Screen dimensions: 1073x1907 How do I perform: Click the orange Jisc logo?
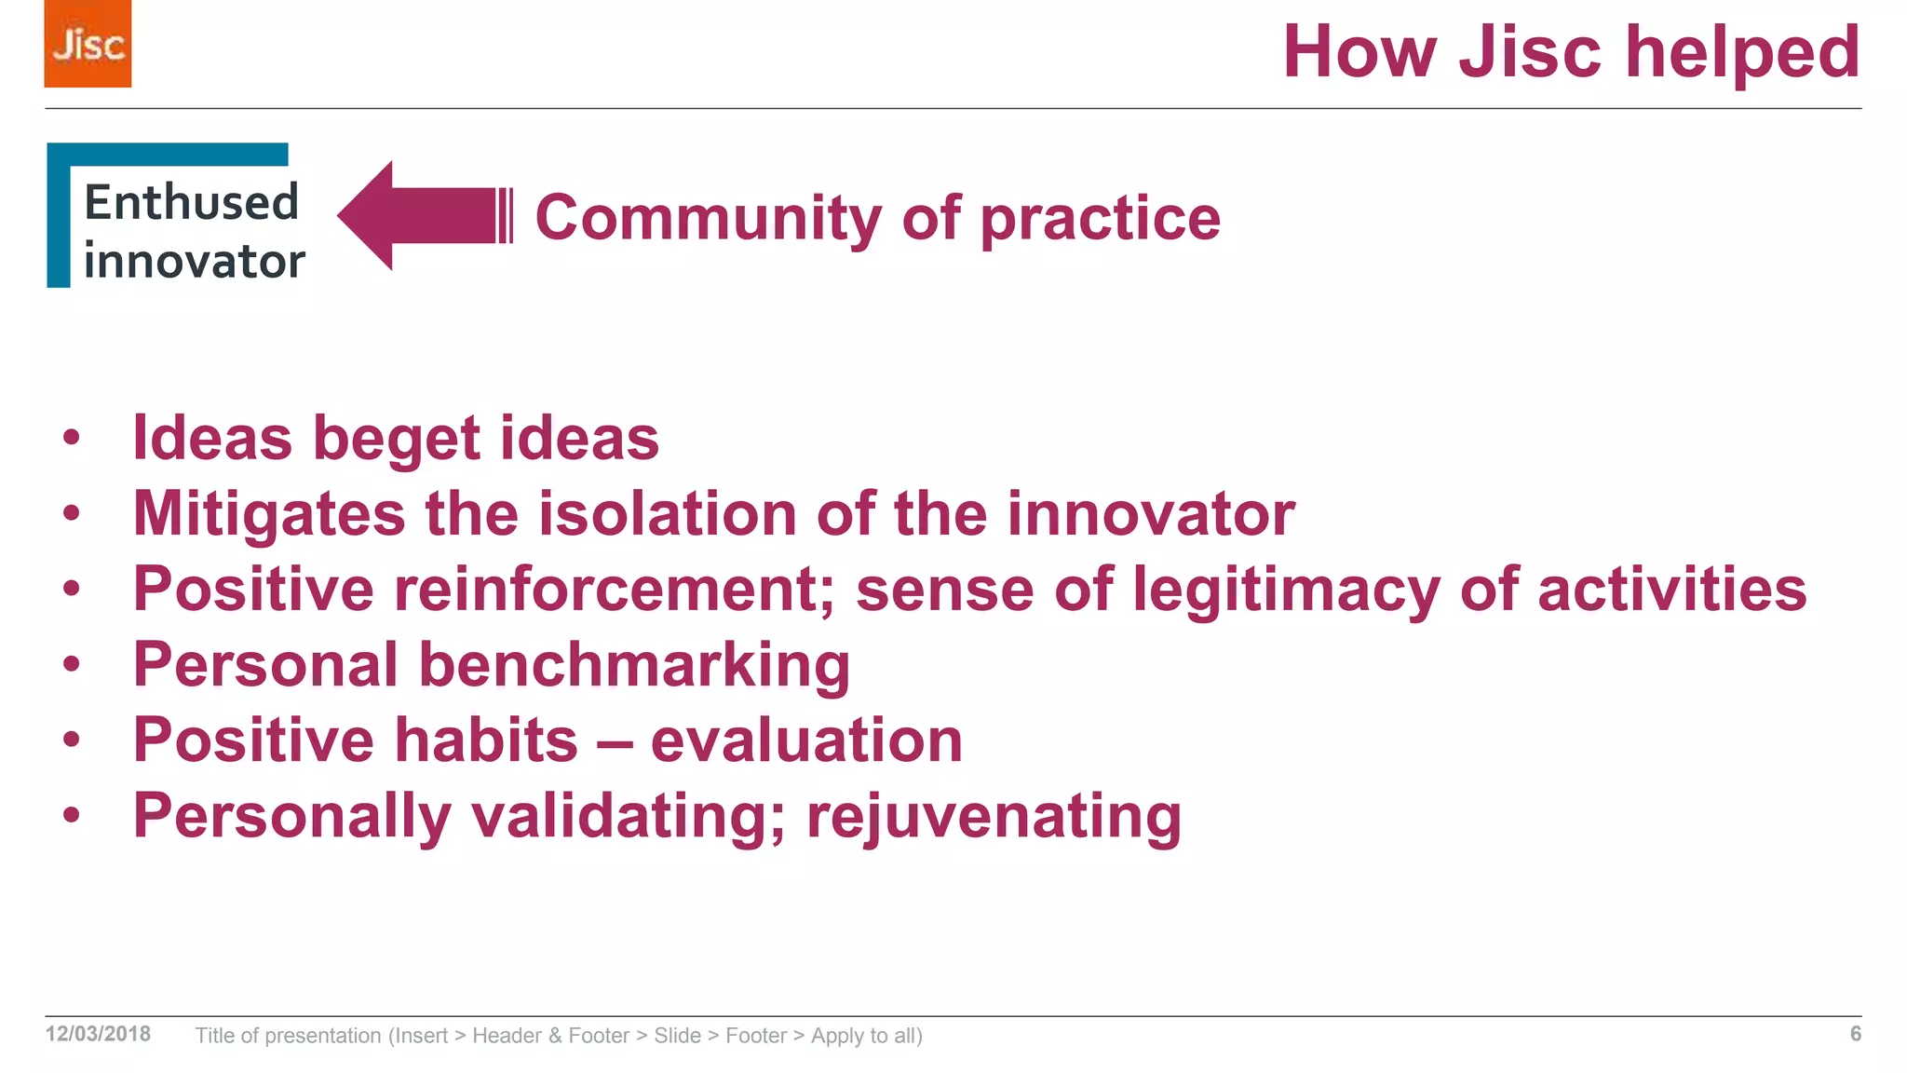point(88,44)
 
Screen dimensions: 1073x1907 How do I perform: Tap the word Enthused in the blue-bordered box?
point(191,202)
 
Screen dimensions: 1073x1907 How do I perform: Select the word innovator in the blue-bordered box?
point(194,261)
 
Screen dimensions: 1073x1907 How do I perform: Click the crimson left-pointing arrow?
point(419,216)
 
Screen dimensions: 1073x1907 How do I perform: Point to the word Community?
point(708,218)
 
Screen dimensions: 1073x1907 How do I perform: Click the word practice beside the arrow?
point(1100,218)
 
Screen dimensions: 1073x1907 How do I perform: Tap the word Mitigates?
point(269,513)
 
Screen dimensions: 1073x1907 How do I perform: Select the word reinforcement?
point(614,589)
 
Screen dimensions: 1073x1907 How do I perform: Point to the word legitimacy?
point(1285,589)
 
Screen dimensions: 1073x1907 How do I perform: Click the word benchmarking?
point(634,665)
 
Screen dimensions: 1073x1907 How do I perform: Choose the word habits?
point(486,740)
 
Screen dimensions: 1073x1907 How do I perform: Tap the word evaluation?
point(806,740)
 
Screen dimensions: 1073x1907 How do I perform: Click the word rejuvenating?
point(994,816)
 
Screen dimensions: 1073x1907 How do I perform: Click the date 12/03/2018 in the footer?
point(98,1034)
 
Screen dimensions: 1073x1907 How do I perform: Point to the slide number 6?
point(1855,1034)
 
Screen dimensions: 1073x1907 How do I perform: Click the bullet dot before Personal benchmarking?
point(72,665)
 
